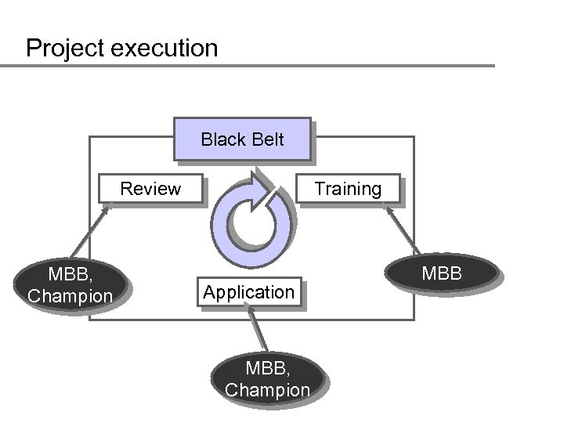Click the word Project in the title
tap(65, 49)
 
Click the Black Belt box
tap(243, 139)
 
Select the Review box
tap(150, 189)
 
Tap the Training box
tap(348, 189)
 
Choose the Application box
tap(249, 292)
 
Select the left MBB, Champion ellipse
tap(70, 285)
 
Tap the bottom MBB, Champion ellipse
tap(267, 379)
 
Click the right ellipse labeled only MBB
tap(443, 275)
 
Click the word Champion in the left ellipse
tap(70, 296)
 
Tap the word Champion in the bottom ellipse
tap(267, 389)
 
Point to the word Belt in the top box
tap(266, 139)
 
